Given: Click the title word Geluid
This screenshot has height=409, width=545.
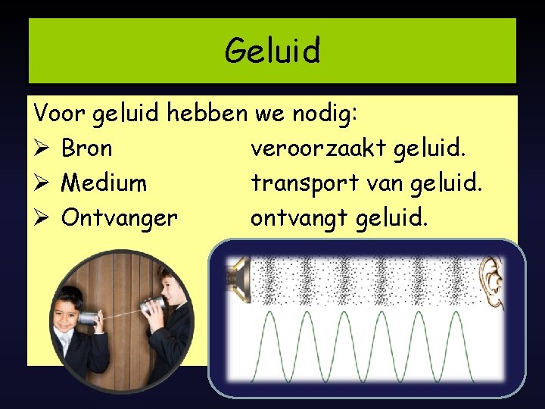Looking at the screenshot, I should (272, 51).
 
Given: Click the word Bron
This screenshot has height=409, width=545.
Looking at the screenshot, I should (87, 148).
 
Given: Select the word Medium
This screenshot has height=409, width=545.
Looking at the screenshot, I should (104, 183).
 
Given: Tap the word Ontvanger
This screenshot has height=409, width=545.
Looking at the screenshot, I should (120, 218).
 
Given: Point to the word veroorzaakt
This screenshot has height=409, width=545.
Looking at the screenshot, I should (319, 148).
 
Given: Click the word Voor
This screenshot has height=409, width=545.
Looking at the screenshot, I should (60, 114).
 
